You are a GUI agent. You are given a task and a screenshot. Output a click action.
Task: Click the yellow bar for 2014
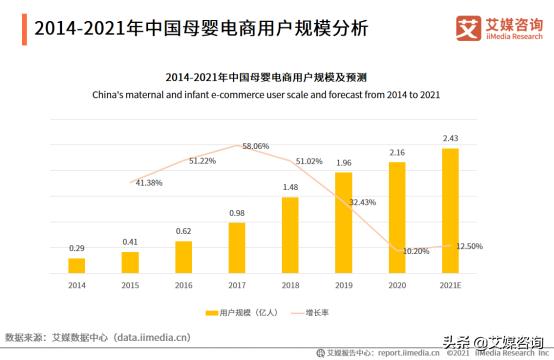(77, 265)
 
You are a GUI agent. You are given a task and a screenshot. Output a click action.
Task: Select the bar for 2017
(237, 247)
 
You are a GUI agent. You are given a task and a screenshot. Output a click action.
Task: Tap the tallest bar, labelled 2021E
(450, 210)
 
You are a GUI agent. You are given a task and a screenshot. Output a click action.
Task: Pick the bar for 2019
(343, 222)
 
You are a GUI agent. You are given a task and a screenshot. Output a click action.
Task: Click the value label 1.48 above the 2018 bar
(290, 187)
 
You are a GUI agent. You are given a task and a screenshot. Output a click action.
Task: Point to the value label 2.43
(450, 138)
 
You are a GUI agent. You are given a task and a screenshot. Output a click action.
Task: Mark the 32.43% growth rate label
(363, 202)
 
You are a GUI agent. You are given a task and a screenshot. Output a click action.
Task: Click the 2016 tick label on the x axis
(183, 285)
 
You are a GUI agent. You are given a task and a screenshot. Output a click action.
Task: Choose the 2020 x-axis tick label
(397, 285)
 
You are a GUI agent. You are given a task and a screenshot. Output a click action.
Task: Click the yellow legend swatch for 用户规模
(212, 313)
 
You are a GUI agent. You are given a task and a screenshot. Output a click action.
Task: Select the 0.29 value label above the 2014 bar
(77, 247)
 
